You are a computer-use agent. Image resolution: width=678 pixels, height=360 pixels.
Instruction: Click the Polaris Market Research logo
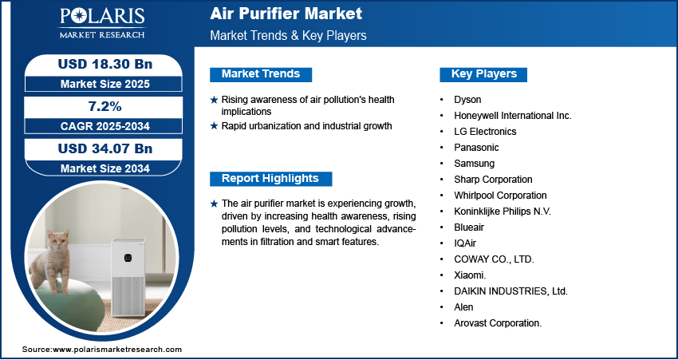click(x=102, y=23)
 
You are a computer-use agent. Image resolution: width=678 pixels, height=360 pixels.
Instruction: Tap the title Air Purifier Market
click(x=286, y=14)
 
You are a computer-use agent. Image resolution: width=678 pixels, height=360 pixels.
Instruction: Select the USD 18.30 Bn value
click(x=105, y=64)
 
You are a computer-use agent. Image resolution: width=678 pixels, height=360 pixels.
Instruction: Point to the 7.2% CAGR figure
click(x=104, y=106)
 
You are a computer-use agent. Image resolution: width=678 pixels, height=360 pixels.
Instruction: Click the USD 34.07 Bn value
click(x=105, y=148)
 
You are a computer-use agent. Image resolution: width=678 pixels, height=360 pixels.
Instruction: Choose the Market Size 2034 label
click(x=105, y=168)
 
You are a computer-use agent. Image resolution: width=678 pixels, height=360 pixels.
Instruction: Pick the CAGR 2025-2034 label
click(x=105, y=126)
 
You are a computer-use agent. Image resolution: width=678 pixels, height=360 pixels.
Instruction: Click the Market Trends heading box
click(x=261, y=74)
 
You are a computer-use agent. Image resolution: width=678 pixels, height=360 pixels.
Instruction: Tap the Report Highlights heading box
click(x=270, y=179)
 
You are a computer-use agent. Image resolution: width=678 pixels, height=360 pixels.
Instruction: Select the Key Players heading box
click(x=483, y=74)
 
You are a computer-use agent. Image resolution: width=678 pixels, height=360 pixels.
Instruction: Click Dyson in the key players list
click(x=467, y=100)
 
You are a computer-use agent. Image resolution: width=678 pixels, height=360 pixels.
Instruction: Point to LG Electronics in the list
click(x=485, y=131)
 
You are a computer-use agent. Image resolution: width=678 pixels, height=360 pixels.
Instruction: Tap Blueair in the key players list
click(x=469, y=227)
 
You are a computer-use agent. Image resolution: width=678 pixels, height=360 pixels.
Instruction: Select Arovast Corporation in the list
click(x=498, y=322)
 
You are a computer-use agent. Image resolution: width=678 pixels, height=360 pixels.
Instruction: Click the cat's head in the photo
click(x=58, y=241)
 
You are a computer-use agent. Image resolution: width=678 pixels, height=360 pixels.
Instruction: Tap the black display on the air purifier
click(x=128, y=258)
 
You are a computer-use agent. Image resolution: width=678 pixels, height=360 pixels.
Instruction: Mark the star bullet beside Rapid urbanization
click(x=214, y=126)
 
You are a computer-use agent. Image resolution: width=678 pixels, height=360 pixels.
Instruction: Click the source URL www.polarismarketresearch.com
click(x=117, y=350)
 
